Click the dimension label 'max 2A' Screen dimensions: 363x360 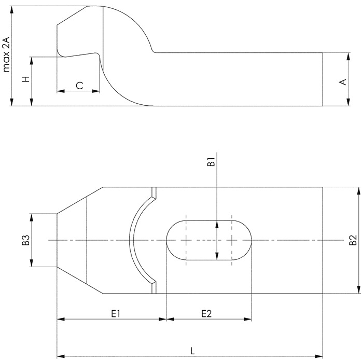pyautogui.click(x=6, y=54)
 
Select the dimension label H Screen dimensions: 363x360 pyautogui.click(x=26, y=79)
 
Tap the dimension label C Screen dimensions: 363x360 pyautogui.click(x=80, y=86)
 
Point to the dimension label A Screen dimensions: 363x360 pyautogui.click(x=343, y=82)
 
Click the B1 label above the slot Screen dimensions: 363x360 pyautogui.click(x=212, y=162)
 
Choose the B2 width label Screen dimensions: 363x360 pyautogui.click(x=353, y=240)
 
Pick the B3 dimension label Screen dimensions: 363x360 pyautogui.click(x=26, y=240)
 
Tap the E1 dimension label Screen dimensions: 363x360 pyautogui.click(x=116, y=314)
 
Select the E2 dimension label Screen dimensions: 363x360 pyautogui.click(x=206, y=314)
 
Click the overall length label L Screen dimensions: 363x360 pyautogui.click(x=192, y=351)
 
